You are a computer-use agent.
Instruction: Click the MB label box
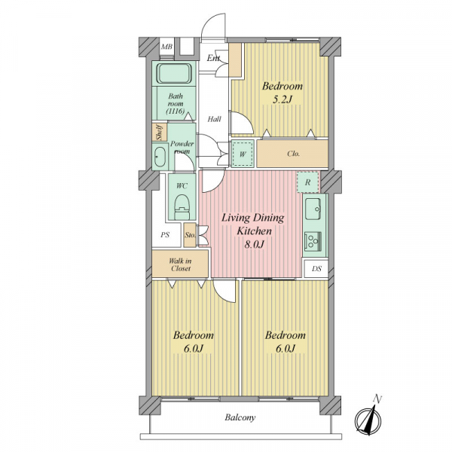[x=166, y=47]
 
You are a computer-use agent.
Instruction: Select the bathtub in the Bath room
[x=176, y=76]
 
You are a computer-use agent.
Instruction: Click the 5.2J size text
[x=281, y=100]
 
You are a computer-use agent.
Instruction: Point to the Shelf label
[x=159, y=133]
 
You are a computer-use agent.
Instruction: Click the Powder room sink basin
[x=160, y=158]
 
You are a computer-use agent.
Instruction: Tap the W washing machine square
[x=242, y=154]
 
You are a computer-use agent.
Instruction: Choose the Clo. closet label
[x=294, y=154]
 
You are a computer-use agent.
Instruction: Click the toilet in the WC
[x=182, y=205]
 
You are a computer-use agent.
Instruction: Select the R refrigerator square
[x=307, y=182]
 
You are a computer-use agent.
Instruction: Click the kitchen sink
[x=313, y=206]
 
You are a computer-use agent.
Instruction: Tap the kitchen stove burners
[x=312, y=241]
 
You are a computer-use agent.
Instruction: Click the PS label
[x=166, y=235]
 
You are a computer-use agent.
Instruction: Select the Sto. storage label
[x=191, y=234]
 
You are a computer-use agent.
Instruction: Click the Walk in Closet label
[x=180, y=264]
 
